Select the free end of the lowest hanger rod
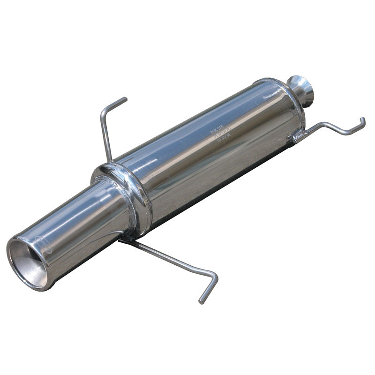pyautogui.click(x=201, y=300)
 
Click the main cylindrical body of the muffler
pyautogui.click(x=211, y=150)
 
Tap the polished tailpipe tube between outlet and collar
pyautogui.click(x=80, y=220)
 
